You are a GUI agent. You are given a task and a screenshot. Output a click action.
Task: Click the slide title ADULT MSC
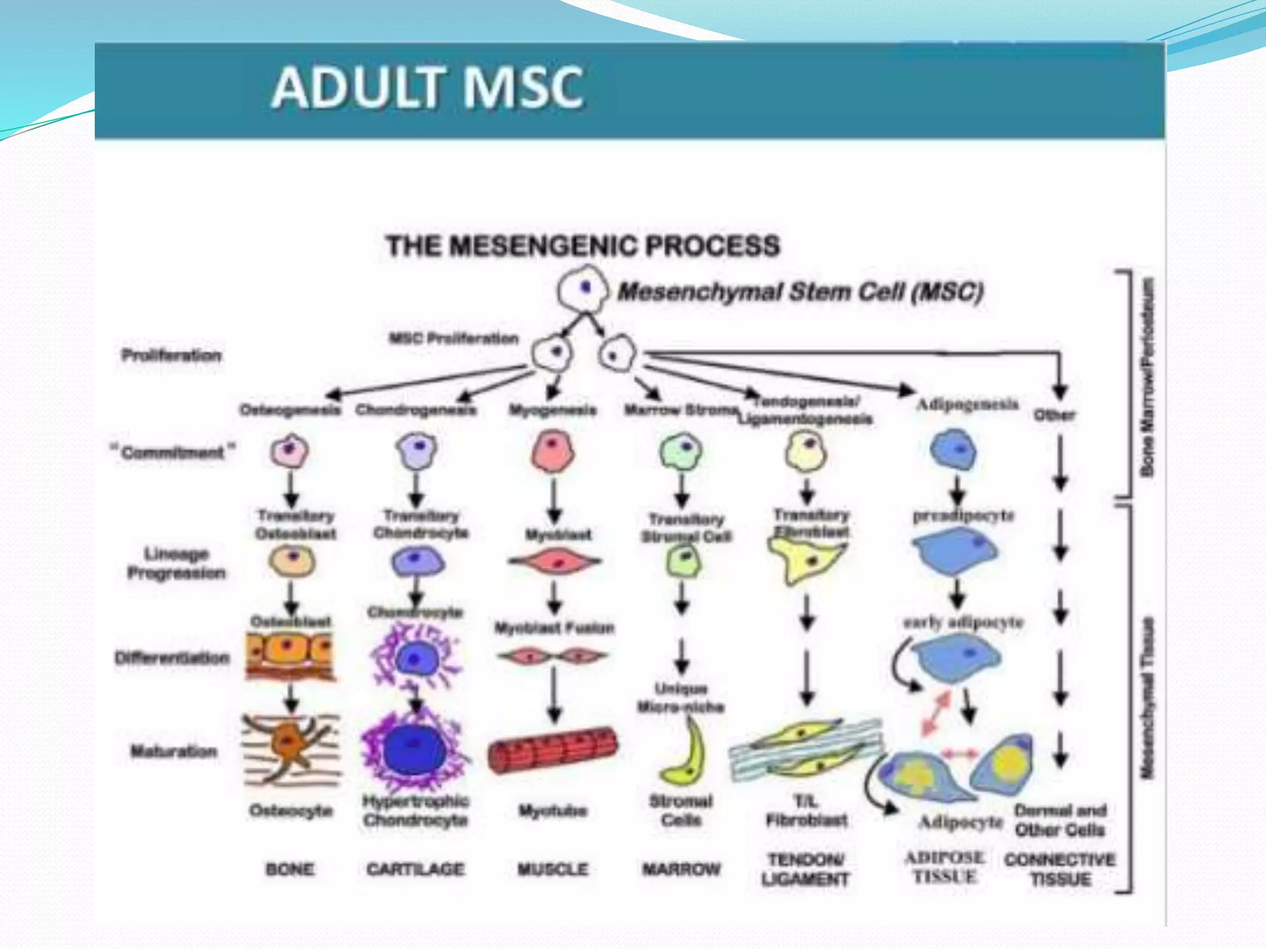click(x=427, y=88)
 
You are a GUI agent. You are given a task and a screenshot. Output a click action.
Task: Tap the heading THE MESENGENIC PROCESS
click(x=582, y=246)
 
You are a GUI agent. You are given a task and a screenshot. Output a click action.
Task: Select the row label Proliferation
click(x=171, y=355)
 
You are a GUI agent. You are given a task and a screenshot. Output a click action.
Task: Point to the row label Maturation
click(x=174, y=751)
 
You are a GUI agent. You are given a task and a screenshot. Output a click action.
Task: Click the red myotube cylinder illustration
click(x=552, y=749)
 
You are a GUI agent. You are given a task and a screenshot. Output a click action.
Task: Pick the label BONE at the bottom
click(x=289, y=869)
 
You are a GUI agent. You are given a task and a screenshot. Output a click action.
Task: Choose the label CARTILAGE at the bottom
click(x=415, y=869)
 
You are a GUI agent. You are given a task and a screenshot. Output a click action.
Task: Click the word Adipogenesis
click(x=967, y=405)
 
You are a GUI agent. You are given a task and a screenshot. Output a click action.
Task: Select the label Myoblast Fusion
click(x=554, y=628)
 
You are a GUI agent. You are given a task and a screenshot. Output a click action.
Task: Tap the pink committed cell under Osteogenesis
click(x=289, y=452)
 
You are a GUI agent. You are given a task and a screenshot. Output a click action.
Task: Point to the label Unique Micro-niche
click(x=681, y=698)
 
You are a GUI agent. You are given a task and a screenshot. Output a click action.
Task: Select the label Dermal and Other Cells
click(x=1060, y=820)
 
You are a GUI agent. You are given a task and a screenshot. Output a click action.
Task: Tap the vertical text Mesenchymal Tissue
click(x=1147, y=698)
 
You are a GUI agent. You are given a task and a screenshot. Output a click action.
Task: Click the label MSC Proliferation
click(x=453, y=339)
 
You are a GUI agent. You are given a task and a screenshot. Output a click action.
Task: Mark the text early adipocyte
click(x=962, y=622)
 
